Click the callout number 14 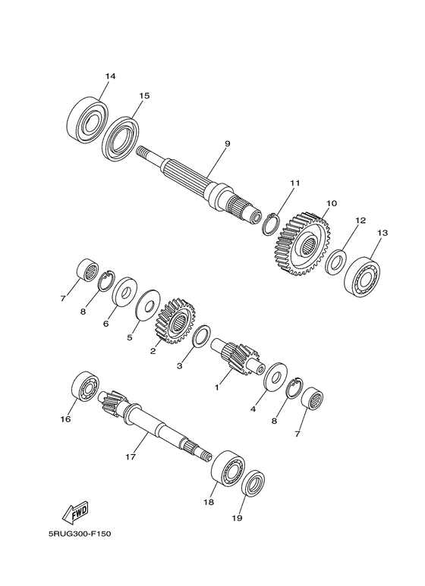pyautogui.click(x=111, y=77)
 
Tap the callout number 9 pyautogui.click(x=206, y=143)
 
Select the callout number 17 pyautogui.click(x=130, y=457)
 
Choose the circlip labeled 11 pyautogui.click(x=272, y=223)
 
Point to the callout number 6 pyautogui.click(x=106, y=322)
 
